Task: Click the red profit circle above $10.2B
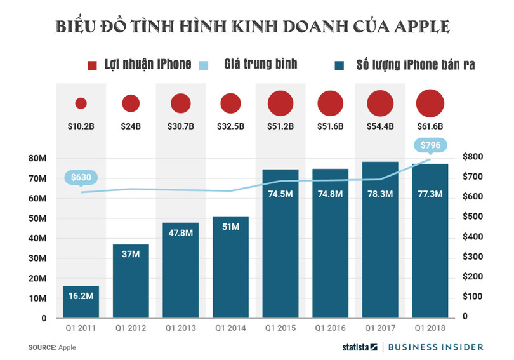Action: (81, 103)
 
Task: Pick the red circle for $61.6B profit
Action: (430, 103)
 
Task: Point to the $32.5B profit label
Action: (230, 126)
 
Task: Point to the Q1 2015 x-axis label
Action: (280, 328)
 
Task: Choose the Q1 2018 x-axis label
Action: (430, 328)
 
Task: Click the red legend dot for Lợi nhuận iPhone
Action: (92, 65)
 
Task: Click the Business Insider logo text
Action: (435, 347)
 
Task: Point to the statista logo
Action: (357, 347)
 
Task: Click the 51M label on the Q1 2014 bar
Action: (230, 227)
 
